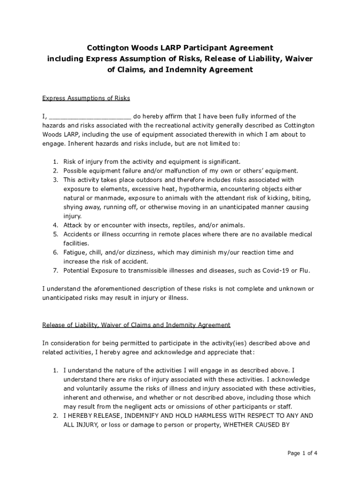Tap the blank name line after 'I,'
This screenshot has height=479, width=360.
click(x=90, y=116)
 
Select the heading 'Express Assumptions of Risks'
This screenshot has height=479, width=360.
click(x=86, y=98)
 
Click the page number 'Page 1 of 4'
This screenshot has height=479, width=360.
click(x=302, y=453)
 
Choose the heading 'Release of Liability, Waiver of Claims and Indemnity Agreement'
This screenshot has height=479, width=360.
click(x=136, y=325)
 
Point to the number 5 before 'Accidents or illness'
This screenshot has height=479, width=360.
click(x=55, y=234)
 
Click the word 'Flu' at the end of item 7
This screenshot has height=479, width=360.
click(x=304, y=270)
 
